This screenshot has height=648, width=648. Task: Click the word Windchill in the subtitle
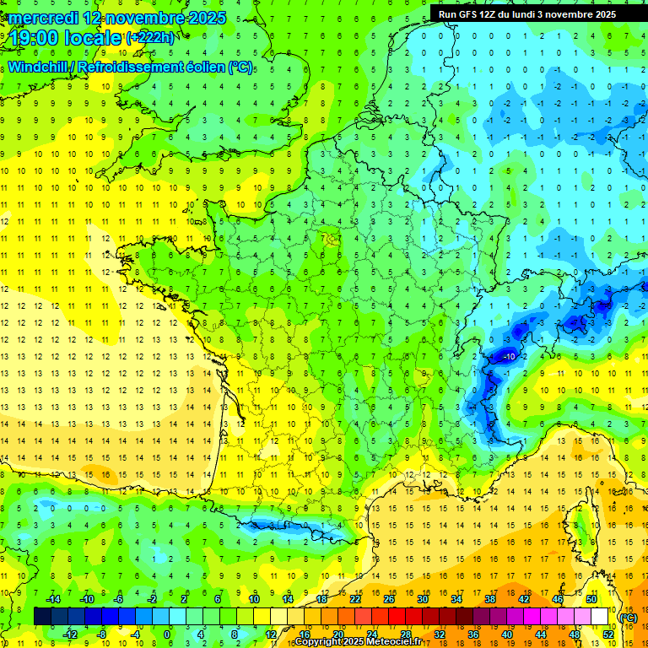point(40,67)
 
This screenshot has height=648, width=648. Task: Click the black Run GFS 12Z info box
point(526,14)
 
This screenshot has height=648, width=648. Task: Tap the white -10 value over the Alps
point(509,357)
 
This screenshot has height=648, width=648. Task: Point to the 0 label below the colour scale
point(167,634)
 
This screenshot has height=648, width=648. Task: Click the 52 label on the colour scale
point(607,634)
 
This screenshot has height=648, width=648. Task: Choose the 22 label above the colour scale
point(355,599)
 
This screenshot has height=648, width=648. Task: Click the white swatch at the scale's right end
point(600,617)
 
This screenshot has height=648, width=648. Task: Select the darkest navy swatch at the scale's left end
point(42,617)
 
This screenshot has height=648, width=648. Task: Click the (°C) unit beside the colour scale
point(628,617)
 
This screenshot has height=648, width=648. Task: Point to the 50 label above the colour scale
point(591,599)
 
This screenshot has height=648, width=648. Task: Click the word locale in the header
point(92,38)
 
